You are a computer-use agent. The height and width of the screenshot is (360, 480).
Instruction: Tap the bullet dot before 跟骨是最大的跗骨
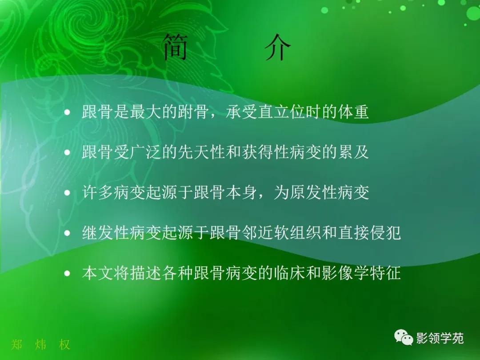[x=68, y=113]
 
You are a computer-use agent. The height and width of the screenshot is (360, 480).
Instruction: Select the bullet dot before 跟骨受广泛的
[x=68, y=153]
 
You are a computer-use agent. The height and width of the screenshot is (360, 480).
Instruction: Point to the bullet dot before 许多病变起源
[x=68, y=193]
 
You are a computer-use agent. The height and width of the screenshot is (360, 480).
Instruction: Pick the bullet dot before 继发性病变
[x=68, y=233]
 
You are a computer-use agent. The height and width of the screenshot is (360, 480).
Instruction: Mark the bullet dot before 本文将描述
[x=68, y=273]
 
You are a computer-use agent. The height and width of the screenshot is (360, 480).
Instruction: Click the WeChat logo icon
[x=404, y=338]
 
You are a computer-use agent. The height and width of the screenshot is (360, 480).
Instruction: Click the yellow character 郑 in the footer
[x=17, y=344]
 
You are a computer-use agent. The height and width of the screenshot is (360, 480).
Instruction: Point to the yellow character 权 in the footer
[x=64, y=344]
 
